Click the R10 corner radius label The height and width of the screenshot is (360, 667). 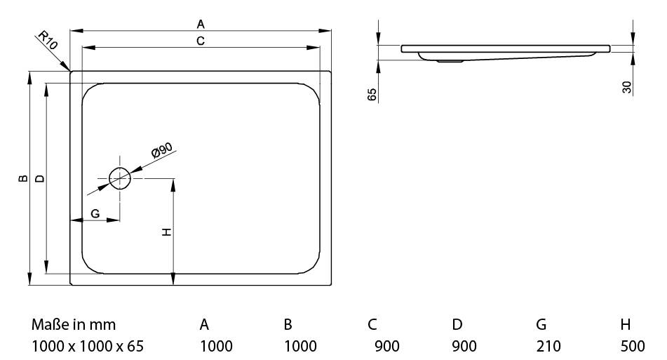coord(48,41)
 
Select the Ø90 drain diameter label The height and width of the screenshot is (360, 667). coord(162,150)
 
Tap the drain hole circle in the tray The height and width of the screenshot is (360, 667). coord(119,179)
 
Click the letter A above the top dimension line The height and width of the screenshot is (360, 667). coord(201,25)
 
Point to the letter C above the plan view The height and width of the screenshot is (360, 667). coord(201,41)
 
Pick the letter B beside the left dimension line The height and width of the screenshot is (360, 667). coord(24,178)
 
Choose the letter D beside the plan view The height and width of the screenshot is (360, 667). coord(39,178)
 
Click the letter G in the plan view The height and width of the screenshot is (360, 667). coord(95,213)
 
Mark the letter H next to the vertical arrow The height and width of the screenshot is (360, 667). coord(167,232)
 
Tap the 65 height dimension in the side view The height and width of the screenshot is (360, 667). coord(372,95)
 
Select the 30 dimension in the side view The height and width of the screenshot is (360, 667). coord(626,87)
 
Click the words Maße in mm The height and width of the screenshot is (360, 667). coord(74,325)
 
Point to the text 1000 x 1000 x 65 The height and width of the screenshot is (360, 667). coord(88,346)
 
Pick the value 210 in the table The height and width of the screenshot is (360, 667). coord(548,346)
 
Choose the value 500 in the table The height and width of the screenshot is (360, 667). coord(633,346)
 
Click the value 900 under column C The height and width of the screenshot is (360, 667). coord(387,346)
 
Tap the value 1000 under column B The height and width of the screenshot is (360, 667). coord(300,346)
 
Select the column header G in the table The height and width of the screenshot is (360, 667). coord(541,325)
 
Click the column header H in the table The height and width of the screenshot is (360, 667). coord(626,325)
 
